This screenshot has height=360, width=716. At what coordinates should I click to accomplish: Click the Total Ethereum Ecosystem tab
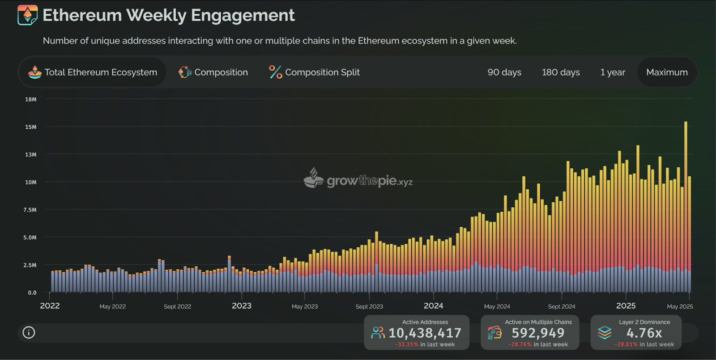click(93, 72)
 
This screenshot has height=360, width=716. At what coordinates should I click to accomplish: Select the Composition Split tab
click(314, 72)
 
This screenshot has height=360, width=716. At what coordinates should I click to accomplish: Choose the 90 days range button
click(504, 72)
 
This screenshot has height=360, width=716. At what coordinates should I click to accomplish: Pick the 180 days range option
click(561, 72)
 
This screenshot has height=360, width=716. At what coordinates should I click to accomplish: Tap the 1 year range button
click(613, 72)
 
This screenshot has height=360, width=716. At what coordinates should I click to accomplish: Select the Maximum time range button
click(667, 72)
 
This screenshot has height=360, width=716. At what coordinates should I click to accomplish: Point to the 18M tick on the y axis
click(31, 99)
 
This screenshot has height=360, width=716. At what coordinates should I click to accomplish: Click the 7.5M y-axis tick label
click(30, 210)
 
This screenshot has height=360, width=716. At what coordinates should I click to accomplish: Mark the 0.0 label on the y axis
click(32, 292)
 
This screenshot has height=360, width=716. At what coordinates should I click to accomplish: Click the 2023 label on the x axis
click(242, 306)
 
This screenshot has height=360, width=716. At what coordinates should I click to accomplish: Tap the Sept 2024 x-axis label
click(562, 307)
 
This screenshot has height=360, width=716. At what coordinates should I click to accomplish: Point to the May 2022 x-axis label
click(112, 307)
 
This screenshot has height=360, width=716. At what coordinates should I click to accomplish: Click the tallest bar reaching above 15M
click(686, 207)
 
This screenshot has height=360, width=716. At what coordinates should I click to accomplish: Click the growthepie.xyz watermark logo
click(358, 178)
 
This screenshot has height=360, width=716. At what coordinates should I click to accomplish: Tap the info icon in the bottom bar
click(29, 333)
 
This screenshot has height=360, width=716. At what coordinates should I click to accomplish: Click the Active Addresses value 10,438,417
click(425, 333)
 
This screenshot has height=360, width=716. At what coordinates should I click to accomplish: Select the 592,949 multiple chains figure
click(538, 333)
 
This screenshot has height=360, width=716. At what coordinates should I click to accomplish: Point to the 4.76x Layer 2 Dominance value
click(644, 333)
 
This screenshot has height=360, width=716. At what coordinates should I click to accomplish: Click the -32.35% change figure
click(407, 344)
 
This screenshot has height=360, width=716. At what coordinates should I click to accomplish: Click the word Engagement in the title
click(243, 15)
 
